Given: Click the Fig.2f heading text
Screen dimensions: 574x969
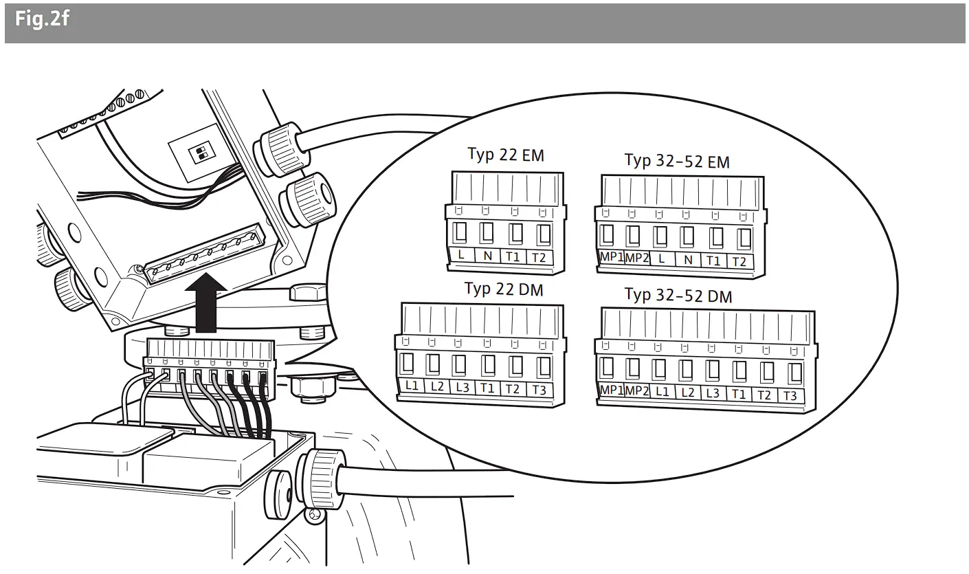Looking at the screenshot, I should pos(42,19).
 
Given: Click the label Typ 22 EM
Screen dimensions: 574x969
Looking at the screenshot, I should pos(505,155).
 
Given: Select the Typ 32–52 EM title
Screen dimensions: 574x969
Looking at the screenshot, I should pos(676,161).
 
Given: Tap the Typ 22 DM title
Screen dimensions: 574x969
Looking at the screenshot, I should pos(503,289).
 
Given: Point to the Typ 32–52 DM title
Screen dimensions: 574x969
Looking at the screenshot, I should pos(678,296).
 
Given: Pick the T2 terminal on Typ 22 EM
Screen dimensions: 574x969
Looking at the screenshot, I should pos(539,258).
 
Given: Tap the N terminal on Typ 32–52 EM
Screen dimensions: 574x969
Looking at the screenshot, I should pos(688,261).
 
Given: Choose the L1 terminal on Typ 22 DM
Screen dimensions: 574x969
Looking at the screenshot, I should pos(412,386).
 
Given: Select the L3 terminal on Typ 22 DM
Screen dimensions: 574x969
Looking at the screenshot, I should pos(463,387).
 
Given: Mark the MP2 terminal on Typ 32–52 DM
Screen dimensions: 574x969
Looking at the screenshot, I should pos(637,390).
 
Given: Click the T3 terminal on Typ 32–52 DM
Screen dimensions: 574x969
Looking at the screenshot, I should pos(790,395).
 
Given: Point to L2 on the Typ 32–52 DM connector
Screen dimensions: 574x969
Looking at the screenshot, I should pos(687,392).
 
